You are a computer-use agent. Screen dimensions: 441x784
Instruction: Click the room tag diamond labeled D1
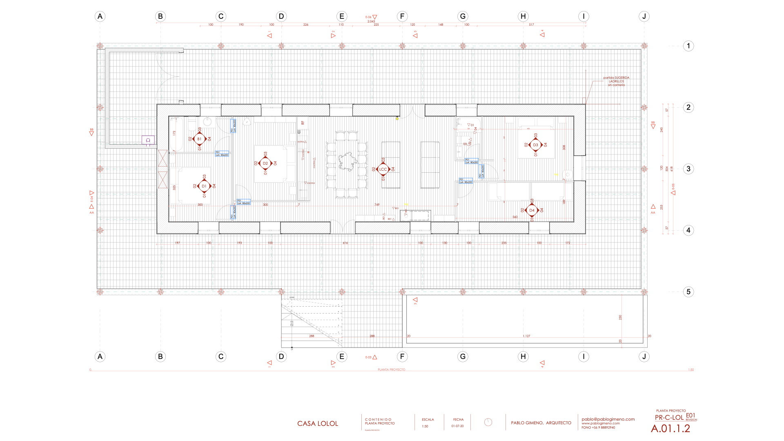pos(204,186)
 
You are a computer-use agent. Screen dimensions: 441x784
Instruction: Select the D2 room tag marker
pos(265,163)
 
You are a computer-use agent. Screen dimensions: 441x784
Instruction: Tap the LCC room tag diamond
pos(383,169)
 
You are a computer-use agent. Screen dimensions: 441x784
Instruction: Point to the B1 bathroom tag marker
pos(199,139)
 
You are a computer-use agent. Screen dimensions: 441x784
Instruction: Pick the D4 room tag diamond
pos(532,210)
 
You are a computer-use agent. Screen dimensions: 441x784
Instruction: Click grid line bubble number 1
pos(688,46)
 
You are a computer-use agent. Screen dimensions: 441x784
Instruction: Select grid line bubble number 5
pos(688,292)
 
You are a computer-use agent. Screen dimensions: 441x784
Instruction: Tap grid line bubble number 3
pos(688,169)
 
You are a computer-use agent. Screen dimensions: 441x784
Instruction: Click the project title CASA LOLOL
pos(318,424)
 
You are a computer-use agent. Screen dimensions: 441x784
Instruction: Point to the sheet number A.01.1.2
pos(670,429)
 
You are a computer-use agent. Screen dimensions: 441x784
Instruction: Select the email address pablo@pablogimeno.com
pos(608,419)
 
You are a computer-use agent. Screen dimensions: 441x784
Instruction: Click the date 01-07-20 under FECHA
pos(457,426)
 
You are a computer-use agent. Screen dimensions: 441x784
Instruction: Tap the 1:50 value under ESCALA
pos(425,426)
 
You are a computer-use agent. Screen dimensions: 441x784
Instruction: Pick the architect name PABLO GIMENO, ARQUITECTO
pos(541,423)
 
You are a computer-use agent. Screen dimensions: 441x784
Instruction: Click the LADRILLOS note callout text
pos(616,81)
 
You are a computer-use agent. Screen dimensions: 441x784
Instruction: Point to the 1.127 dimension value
pos(526,336)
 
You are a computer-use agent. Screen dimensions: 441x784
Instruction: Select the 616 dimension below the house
pos(345,243)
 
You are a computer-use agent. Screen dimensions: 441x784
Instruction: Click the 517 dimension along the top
pos(531,25)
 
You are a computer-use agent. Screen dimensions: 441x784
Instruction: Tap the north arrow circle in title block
pos(488,422)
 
